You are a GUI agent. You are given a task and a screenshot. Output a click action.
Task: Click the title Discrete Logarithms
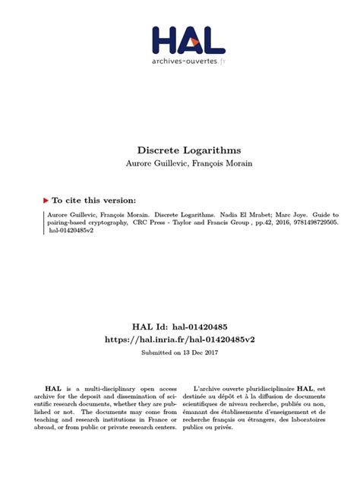(180, 150)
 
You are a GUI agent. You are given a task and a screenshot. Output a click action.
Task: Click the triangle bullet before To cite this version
(46, 201)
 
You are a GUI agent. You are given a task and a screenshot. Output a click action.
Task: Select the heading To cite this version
(93, 201)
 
